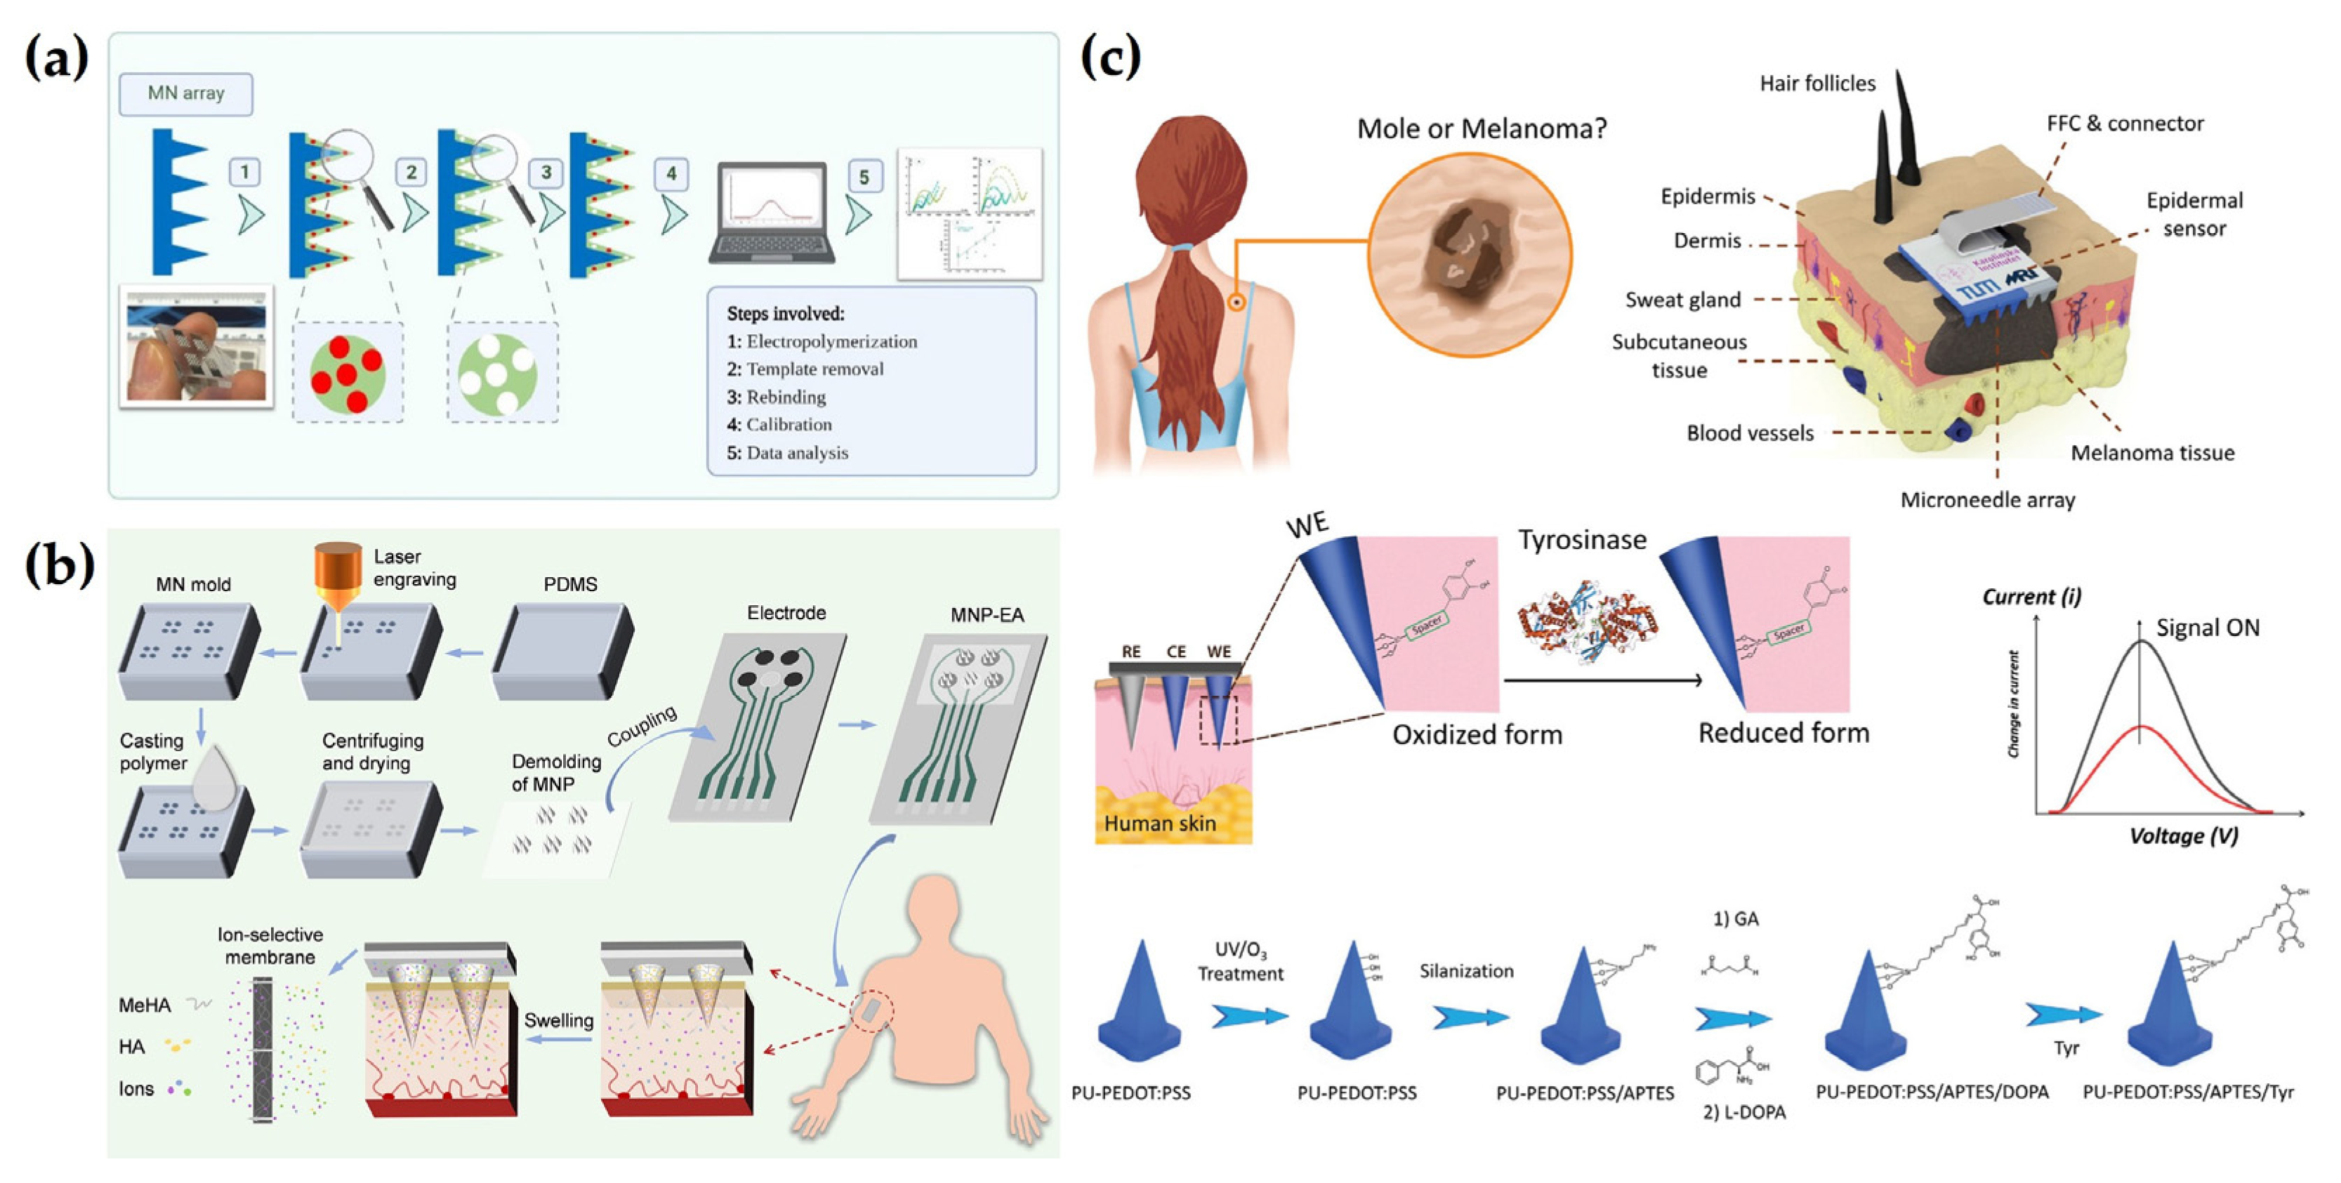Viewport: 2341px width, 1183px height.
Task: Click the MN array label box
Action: pyautogui.click(x=185, y=93)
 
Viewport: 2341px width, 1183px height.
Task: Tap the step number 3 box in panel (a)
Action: pyautogui.click(x=546, y=172)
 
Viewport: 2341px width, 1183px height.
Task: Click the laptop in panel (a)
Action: pyautogui.click(x=772, y=213)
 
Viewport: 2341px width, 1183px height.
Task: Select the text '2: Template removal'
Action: pyautogui.click(x=805, y=369)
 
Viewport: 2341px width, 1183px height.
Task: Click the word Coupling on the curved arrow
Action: pyautogui.click(x=642, y=726)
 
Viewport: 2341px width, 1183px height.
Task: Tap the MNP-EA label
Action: pyautogui.click(x=987, y=614)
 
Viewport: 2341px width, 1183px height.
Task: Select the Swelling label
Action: pyautogui.click(x=558, y=1019)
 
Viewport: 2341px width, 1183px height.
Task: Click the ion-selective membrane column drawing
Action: pyautogui.click(x=263, y=1050)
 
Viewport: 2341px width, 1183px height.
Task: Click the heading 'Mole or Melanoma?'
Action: pyautogui.click(x=1482, y=129)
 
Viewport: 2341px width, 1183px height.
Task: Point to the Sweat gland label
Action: pyautogui.click(x=1682, y=300)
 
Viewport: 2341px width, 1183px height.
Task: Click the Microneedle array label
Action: pyautogui.click(x=1988, y=500)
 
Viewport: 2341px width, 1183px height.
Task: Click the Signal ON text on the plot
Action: pyautogui.click(x=2208, y=628)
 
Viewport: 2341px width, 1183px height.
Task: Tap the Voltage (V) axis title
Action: pyautogui.click(x=2183, y=836)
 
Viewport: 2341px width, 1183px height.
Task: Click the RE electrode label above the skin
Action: pyautogui.click(x=1130, y=652)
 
